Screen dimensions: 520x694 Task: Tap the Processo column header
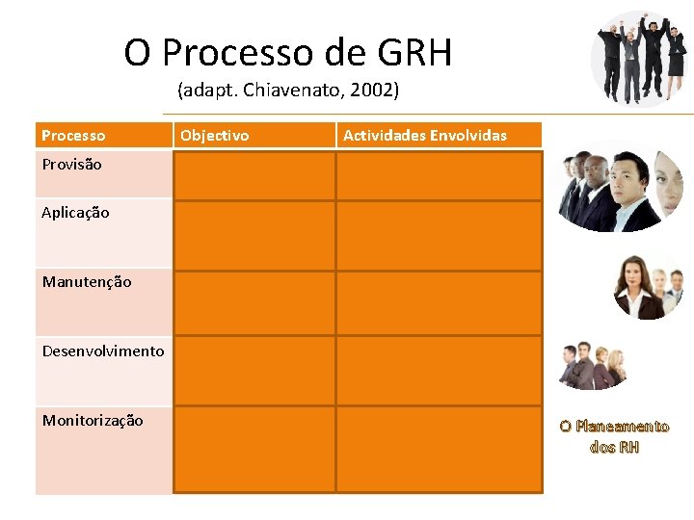pyautogui.click(x=73, y=136)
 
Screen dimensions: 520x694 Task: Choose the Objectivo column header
pyautogui.click(x=214, y=136)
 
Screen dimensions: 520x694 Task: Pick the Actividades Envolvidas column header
pyautogui.click(x=424, y=136)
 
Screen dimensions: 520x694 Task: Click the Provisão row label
pyautogui.click(x=71, y=165)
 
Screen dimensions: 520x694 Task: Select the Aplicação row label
pyautogui.click(x=75, y=213)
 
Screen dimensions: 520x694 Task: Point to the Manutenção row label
pyautogui.click(x=87, y=282)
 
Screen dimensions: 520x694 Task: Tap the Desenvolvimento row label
pyautogui.click(x=103, y=351)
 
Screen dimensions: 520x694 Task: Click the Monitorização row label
pyautogui.click(x=93, y=421)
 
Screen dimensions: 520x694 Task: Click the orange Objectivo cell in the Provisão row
pyautogui.click(x=254, y=175)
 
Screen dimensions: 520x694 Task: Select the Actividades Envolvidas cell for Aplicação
pyautogui.click(x=439, y=235)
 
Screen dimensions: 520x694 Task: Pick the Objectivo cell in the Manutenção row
pyautogui.click(x=254, y=302)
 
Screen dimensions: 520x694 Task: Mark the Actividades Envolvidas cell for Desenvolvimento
pyautogui.click(x=439, y=370)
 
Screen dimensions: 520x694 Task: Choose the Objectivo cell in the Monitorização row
pyautogui.click(x=254, y=449)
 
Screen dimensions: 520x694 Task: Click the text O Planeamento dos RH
pyautogui.click(x=614, y=436)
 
